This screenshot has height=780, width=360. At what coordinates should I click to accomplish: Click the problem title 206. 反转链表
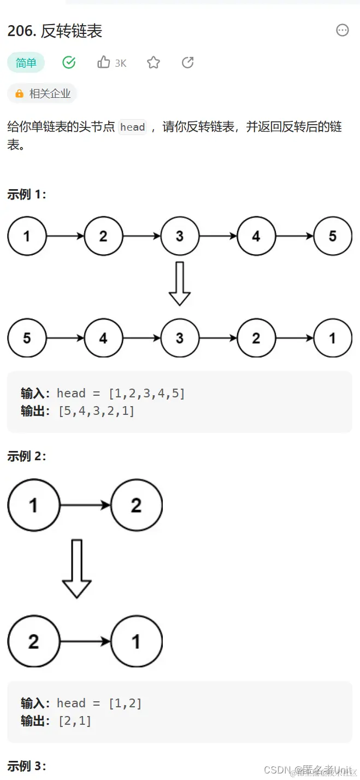click(55, 31)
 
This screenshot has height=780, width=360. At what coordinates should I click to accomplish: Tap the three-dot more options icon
click(343, 30)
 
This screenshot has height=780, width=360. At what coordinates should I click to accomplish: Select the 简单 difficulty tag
click(26, 63)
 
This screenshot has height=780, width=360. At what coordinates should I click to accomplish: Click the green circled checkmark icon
click(69, 62)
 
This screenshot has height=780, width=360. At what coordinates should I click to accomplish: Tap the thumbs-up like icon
click(104, 62)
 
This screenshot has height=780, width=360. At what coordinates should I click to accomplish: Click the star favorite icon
click(154, 63)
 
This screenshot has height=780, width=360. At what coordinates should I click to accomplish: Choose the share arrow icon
click(187, 62)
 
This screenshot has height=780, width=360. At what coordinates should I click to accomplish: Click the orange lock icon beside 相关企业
click(20, 93)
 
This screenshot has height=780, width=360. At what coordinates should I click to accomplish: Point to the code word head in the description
click(133, 127)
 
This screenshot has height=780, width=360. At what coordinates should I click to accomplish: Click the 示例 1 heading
click(27, 195)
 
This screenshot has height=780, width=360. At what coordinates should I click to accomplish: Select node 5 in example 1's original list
click(333, 236)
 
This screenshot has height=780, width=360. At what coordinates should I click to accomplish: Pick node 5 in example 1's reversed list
click(27, 338)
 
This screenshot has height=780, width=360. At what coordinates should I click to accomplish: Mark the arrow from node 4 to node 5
click(294, 236)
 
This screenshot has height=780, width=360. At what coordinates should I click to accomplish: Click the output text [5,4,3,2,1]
click(96, 411)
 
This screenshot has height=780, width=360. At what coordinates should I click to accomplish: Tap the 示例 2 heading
click(27, 456)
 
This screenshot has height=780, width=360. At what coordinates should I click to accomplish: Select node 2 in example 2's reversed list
click(33, 641)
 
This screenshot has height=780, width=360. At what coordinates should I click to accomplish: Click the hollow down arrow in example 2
click(76, 568)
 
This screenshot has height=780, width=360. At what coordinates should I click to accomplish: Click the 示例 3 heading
click(27, 766)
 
